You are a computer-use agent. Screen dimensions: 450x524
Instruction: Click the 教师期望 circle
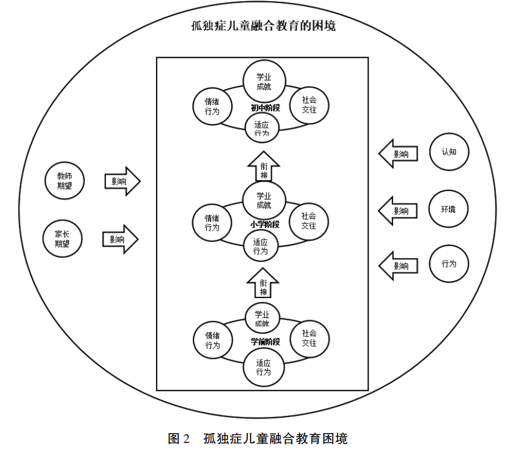coord(65,181)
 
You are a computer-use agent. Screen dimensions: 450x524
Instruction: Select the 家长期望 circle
coord(63,238)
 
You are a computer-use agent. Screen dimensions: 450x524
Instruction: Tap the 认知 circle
coord(449,151)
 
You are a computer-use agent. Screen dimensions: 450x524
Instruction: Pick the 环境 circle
coord(449,209)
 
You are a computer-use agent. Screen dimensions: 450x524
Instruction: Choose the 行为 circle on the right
coord(449,264)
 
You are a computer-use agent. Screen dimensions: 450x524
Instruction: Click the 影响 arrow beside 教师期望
coord(122,182)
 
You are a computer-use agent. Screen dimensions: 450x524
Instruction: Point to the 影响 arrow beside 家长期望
coord(120,239)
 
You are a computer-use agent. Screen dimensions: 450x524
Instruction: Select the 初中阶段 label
coord(266,108)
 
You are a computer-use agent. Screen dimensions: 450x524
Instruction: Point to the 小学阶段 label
coord(265,224)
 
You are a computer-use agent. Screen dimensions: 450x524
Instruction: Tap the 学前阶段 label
coord(266,341)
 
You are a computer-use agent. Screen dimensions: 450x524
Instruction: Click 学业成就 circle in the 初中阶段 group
coord(264,82)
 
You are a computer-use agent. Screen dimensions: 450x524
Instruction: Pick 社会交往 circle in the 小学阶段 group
coord(308,221)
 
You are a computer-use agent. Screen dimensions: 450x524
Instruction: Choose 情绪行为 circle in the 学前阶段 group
coord(212,340)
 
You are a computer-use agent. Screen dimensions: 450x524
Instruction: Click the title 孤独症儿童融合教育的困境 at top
coord(263,26)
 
